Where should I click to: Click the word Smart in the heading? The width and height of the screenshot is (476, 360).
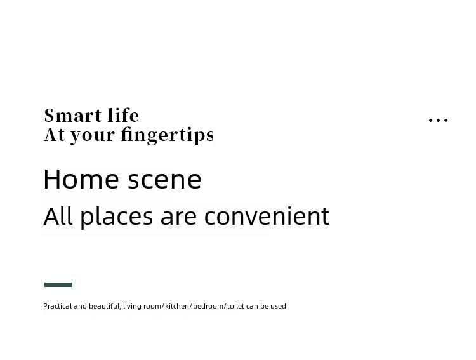(73, 116)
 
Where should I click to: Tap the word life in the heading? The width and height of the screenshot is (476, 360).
(123, 115)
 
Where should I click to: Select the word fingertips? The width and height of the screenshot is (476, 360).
(168, 135)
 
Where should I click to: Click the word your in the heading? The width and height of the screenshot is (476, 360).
(93, 136)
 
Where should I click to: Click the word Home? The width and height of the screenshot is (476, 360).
(81, 179)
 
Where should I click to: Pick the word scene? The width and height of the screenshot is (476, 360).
(164, 180)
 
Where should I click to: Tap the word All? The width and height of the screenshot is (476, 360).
(58, 216)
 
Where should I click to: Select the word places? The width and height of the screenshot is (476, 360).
(117, 217)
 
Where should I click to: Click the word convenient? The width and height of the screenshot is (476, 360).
(267, 216)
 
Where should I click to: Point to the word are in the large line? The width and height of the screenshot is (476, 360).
(178, 218)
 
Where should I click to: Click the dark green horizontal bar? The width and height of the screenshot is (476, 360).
(58, 284)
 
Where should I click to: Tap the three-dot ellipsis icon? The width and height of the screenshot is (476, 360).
(438, 120)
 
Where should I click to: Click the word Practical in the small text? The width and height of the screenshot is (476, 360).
(58, 306)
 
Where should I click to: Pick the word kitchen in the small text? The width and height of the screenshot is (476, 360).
(177, 306)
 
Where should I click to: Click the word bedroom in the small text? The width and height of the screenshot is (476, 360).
(208, 306)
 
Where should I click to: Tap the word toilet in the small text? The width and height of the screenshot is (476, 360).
(235, 306)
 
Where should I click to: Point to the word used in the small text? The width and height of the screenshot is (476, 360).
(278, 306)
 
